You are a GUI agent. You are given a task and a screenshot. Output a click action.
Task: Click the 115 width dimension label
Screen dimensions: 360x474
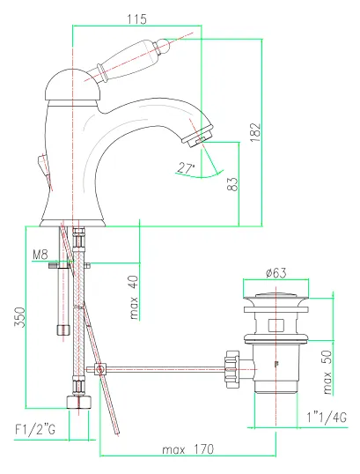(136, 19)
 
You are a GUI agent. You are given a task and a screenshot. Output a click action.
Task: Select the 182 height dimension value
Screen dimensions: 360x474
(255, 132)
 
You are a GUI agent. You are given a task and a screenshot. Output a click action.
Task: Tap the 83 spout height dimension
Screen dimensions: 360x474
(232, 184)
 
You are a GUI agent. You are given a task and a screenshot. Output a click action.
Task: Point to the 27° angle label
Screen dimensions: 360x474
(186, 167)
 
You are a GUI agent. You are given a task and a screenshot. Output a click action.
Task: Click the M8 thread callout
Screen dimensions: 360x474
(40, 255)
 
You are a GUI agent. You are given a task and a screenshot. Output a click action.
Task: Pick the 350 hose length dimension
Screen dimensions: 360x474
(19, 317)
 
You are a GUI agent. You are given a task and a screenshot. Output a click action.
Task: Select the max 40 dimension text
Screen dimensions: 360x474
(134, 298)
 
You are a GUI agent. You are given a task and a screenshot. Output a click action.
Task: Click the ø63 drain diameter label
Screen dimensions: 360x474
(276, 273)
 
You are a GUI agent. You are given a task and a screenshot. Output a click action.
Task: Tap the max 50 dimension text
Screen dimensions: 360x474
(327, 372)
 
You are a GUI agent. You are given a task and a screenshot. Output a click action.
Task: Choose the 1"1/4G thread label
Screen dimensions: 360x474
(327, 418)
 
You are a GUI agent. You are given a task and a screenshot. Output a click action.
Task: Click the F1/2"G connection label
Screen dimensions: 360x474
(35, 430)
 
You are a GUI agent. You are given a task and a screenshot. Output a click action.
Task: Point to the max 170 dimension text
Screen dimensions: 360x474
(187, 449)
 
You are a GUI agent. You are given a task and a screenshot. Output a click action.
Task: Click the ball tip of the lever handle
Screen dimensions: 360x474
(164, 45)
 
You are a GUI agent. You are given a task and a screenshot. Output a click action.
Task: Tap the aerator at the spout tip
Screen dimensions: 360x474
(198, 136)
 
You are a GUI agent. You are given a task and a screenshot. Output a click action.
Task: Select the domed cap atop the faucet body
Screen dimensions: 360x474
(71, 85)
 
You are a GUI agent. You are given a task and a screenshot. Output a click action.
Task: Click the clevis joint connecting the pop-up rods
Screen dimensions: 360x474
(99, 369)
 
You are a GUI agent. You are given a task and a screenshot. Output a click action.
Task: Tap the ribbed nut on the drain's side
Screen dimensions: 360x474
(232, 369)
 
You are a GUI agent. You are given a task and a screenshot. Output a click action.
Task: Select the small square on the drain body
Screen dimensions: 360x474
(276, 325)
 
